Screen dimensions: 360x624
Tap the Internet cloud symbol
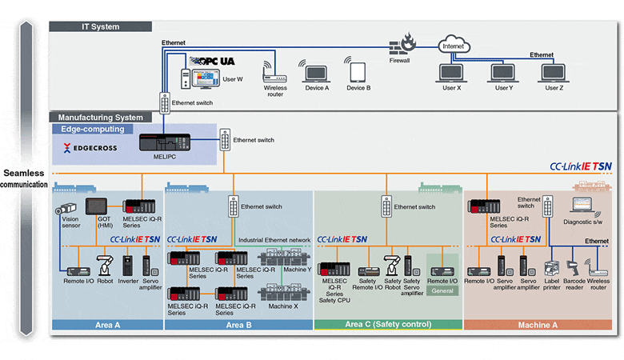454,46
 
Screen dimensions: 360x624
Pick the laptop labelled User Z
554,73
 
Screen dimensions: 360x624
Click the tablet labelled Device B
358,71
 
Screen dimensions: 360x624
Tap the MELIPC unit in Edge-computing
163,142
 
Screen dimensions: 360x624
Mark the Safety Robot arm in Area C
391,265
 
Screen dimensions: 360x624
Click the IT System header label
101,26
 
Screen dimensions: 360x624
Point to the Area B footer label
238,325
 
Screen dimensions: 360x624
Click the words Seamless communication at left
24,178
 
